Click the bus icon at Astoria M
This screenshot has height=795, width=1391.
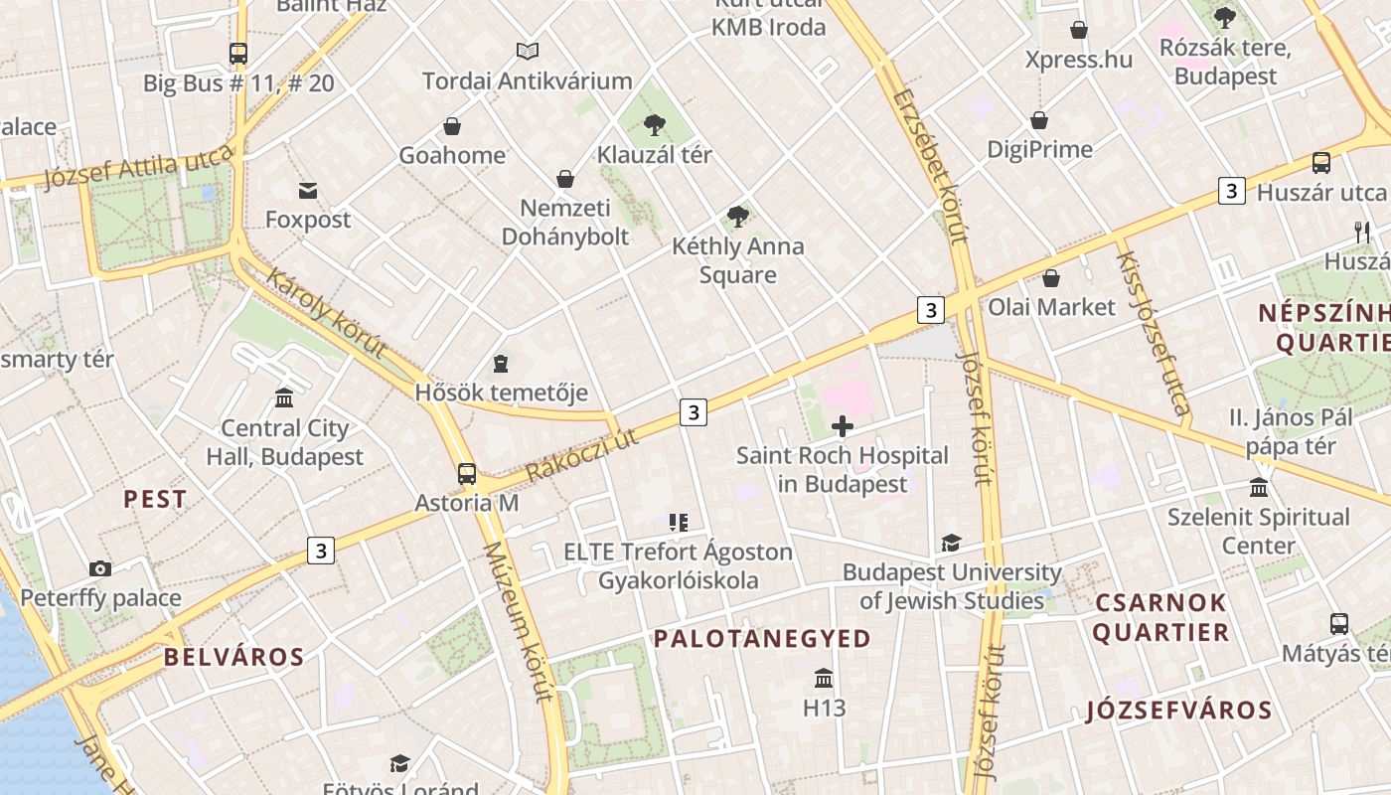coord(467,473)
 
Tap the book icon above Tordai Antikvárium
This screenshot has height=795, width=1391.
coord(528,51)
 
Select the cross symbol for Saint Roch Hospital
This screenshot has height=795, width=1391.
coord(843,427)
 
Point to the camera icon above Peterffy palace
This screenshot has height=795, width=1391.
coord(100,568)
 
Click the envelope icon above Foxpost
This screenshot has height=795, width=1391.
coord(308,190)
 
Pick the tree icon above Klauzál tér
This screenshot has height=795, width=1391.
coord(654,125)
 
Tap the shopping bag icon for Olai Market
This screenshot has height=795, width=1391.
coord(1051,278)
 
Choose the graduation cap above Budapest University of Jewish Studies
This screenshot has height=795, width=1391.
coord(951,543)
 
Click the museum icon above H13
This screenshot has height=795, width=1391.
coord(824,679)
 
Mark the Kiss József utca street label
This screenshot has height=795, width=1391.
coord(1152,332)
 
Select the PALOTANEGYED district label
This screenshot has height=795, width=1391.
coord(762,639)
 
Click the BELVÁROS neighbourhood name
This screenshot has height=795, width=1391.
coord(234,657)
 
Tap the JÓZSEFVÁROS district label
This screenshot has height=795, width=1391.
coord(1178,711)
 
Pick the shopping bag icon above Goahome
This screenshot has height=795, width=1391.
coord(452,126)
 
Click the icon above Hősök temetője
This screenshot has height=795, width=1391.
coord(501,364)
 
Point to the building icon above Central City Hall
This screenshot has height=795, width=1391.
coord(284,398)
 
